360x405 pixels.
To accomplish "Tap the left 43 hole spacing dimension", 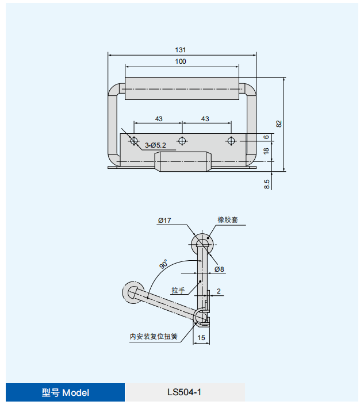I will [158, 119].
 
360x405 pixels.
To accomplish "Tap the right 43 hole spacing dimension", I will [206, 119].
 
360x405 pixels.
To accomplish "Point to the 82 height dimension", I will [279, 124].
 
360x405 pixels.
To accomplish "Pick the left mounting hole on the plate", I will [133, 141].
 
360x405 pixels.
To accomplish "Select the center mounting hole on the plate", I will [182, 141].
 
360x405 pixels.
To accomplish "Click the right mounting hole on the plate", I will [231, 141].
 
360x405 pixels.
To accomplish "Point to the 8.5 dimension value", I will [267, 184].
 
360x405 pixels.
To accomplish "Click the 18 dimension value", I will [266, 151].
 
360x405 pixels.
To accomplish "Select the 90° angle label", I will [164, 264].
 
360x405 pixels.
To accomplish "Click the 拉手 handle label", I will [178, 291].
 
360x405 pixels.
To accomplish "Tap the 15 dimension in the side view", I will [201, 337].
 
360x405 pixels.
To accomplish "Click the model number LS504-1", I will [185, 393].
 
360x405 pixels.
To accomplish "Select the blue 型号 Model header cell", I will [65, 393].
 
